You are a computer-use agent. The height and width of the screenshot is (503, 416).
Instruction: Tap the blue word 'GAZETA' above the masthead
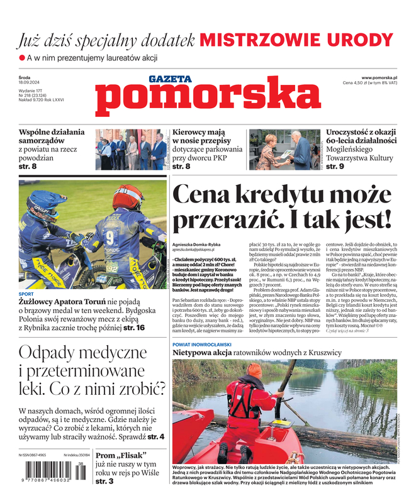(x=170, y=79)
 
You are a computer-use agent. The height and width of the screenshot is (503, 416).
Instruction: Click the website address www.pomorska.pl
(x=383, y=76)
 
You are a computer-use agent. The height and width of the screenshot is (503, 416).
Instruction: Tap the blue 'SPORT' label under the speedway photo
(x=26, y=294)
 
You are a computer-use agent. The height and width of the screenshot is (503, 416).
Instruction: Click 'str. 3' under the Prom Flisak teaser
(x=104, y=481)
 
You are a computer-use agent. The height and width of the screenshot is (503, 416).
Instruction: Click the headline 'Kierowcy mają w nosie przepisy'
(x=207, y=141)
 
